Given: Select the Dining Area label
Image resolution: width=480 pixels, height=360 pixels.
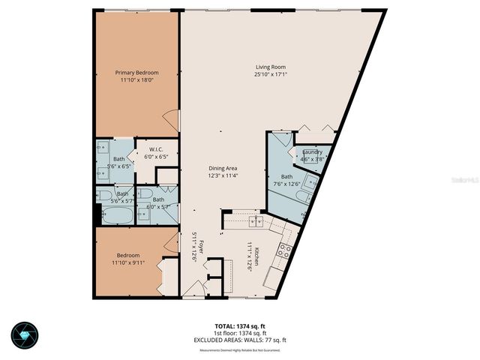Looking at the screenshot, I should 223,169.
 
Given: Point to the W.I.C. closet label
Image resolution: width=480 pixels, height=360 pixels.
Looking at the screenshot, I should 157,149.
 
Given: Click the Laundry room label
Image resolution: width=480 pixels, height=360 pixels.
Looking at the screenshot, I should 312,152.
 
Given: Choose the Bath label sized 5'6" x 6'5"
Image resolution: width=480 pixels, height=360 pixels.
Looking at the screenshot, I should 118,159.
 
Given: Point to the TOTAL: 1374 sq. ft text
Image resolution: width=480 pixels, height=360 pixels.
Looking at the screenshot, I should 239,327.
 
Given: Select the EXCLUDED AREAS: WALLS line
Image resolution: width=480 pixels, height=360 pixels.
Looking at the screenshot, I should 239,340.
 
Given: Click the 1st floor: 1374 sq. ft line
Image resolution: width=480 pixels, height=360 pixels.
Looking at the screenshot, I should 239,334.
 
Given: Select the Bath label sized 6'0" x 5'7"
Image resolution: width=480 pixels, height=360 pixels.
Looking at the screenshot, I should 158,200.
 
